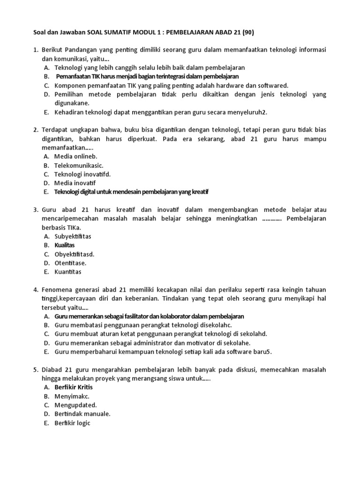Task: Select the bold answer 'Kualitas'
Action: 65,245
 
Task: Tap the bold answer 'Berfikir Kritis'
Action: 74,387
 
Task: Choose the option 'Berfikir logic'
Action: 72,423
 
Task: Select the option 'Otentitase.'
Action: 70,263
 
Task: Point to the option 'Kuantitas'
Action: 68,272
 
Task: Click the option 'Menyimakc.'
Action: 72,396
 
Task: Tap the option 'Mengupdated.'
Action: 75,405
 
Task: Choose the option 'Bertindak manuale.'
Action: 82,414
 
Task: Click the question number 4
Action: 36,290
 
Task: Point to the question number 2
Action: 36,130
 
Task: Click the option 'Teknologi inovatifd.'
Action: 82,174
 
